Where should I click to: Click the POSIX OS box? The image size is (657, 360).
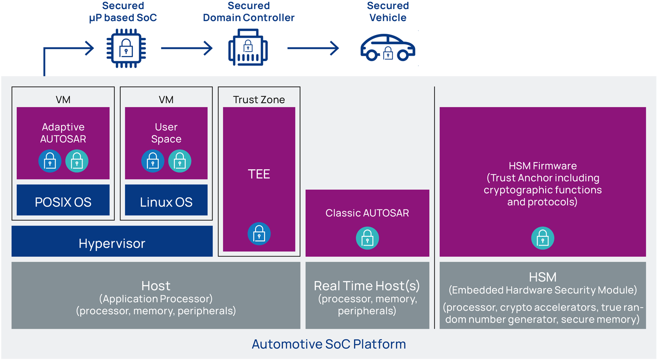pyautogui.click(x=63, y=200)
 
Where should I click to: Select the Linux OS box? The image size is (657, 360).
pyautogui.click(x=166, y=200)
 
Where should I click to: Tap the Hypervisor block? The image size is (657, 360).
pyautogui.click(x=112, y=241)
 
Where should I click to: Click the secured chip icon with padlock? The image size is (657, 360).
pyautogui.click(x=126, y=48)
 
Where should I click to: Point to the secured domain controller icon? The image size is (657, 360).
pyautogui.click(x=248, y=47)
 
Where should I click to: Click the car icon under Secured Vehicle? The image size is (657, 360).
pyautogui.click(x=388, y=48)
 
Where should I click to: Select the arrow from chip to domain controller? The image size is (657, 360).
pyautogui.click(x=187, y=48)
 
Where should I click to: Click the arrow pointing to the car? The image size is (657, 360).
pyautogui.click(x=313, y=48)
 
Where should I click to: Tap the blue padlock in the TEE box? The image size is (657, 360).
pyautogui.click(x=259, y=234)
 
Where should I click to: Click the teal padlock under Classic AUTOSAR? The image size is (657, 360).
pyautogui.click(x=367, y=238)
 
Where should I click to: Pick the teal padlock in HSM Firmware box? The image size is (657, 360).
pyautogui.click(x=542, y=238)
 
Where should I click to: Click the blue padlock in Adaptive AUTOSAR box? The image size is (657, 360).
pyautogui.click(x=50, y=161)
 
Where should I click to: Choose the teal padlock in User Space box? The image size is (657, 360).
pyautogui.click(x=180, y=161)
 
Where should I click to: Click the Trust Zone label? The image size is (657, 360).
pyautogui.click(x=259, y=100)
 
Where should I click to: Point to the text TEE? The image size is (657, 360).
pyautogui.click(x=259, y=174)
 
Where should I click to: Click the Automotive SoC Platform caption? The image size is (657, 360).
pyautogui.click(x=329, y=344)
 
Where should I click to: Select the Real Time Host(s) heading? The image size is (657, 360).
pyautogui.click(x=367, y=286)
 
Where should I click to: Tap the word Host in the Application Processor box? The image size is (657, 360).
pyautogui.click(x=156, y=286)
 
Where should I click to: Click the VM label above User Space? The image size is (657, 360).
pyautogui.click(x=166, y=100)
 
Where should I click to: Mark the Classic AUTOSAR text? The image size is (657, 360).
pyautogui.click(x=367, y=213)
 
